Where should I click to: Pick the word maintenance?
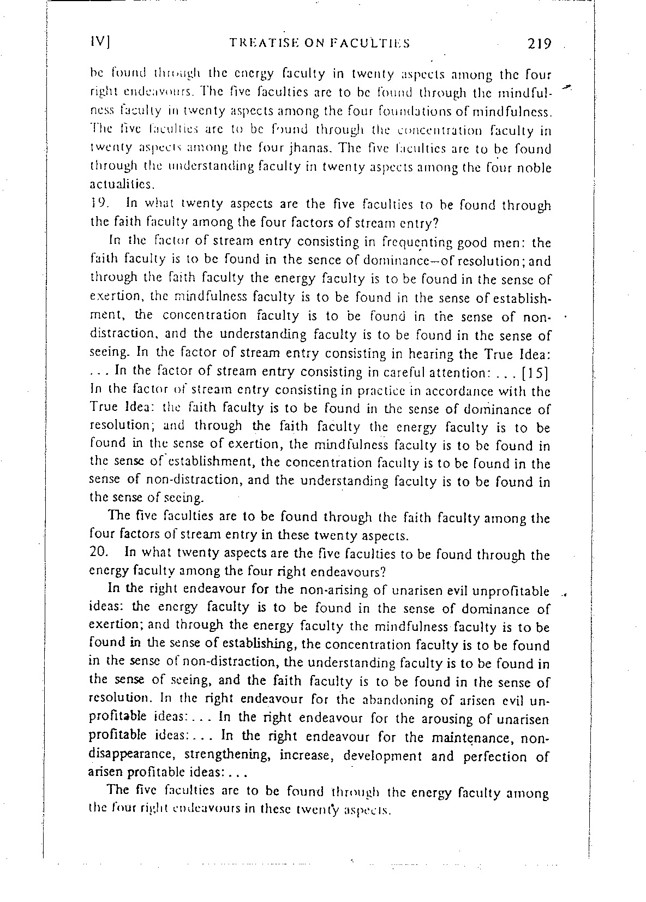pos(472,738)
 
